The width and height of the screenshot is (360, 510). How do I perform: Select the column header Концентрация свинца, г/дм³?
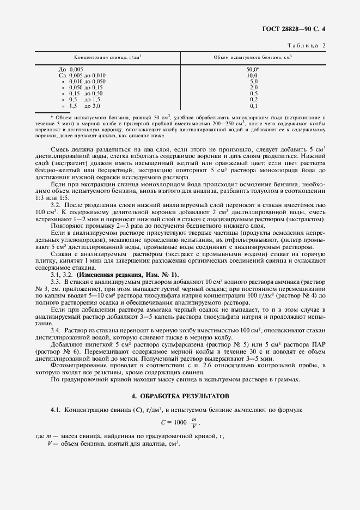(x=108, y=57)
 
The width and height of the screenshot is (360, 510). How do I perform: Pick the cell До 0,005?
(x=71, y=70)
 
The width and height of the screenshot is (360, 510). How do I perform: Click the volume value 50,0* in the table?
(x=252, y=70)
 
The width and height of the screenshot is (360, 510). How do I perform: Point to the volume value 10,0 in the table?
(x=252, y=75)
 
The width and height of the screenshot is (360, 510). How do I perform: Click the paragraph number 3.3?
(x=55, y=280)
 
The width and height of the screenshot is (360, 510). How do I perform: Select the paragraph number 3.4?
(x=55, y=331)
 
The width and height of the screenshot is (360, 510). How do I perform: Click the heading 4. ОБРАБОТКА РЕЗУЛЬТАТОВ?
(x=180, y=394)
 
